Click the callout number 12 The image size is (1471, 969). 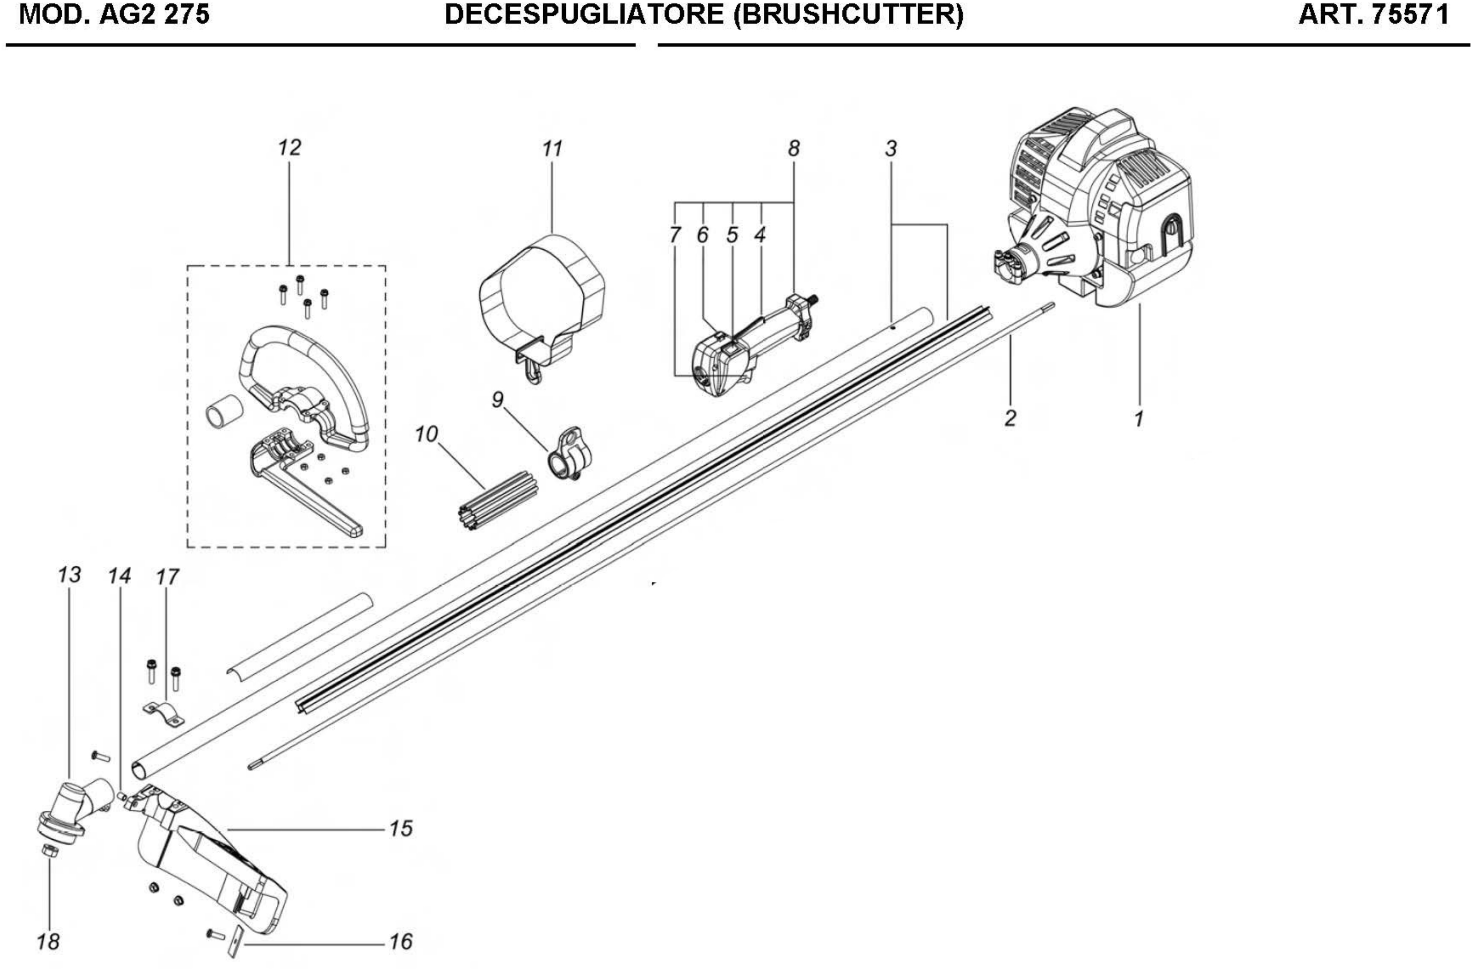[289, 148]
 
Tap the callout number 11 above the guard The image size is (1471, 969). [552, 149]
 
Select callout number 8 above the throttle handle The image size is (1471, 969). [794, 148]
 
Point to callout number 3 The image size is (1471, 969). [890, 148]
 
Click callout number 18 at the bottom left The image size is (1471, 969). [48, 942]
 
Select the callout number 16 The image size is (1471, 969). [401, 942]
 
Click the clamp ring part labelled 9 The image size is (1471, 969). [569, 455]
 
